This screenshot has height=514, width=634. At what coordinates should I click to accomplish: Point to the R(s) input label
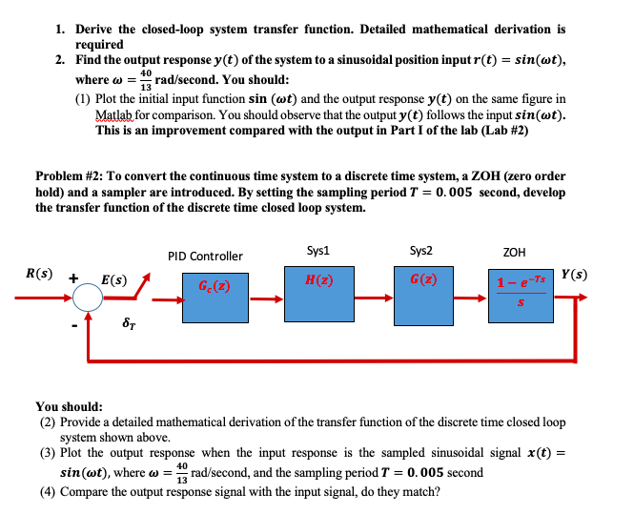pyautogui.click(x=39, y=273)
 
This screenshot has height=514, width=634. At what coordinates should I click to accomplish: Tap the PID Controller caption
pyautogui.click(x=205, y=256)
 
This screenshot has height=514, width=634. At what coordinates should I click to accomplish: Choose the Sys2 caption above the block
pyautogui.click(x=420, y=252)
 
